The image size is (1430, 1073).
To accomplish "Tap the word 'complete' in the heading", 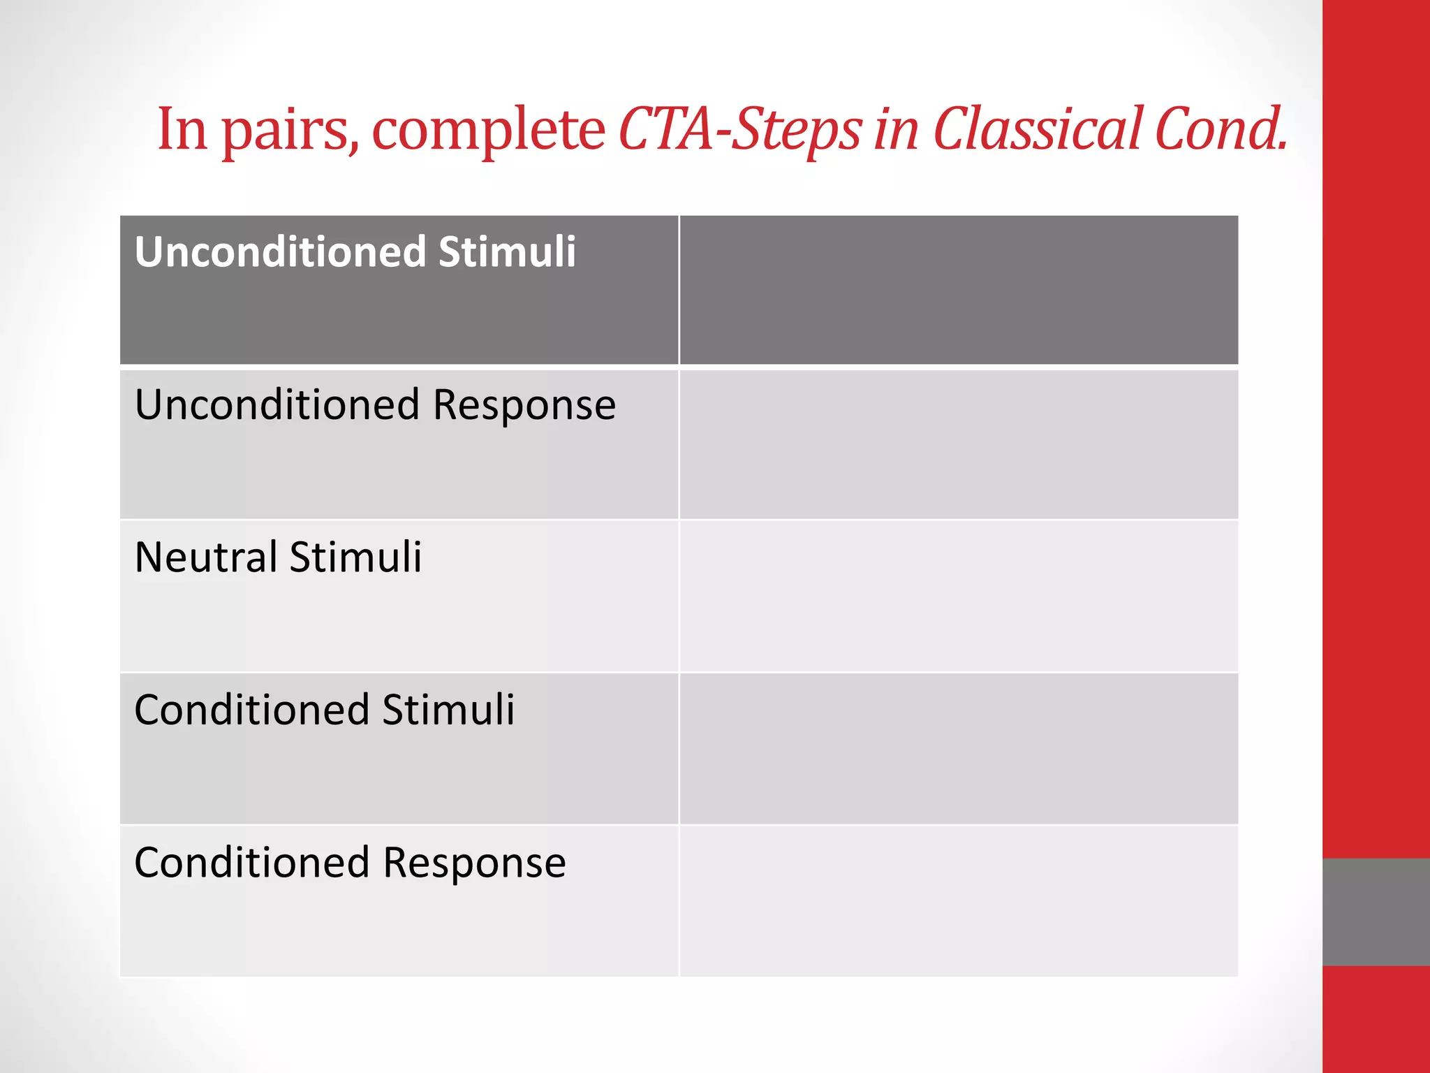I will click(x=488, y=131).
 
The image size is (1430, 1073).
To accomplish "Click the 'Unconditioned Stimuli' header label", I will click(x=355, y=251).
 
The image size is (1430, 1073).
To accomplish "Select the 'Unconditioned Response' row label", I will click(x=375, y=404).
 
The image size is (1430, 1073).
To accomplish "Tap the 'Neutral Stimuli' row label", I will click(x=278, y=557).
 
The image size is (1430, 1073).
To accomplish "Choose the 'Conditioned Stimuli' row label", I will click(x=324, y=710).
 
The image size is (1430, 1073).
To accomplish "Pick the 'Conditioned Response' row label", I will click(x=350, y=862).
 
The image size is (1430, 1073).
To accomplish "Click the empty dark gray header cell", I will click(x=958, y=290).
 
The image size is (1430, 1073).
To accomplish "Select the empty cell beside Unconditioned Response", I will click(x=958, y=444).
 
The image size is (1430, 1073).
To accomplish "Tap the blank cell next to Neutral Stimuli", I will click(x=958, y=596).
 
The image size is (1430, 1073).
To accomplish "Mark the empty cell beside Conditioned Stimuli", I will click(x=958, y=748).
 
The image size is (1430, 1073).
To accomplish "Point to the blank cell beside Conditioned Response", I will click(x=958, y=900).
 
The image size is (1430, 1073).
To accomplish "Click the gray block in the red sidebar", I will click(x=1376, y=912).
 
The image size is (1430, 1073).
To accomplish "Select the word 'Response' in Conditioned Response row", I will click(x=474, y=863).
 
